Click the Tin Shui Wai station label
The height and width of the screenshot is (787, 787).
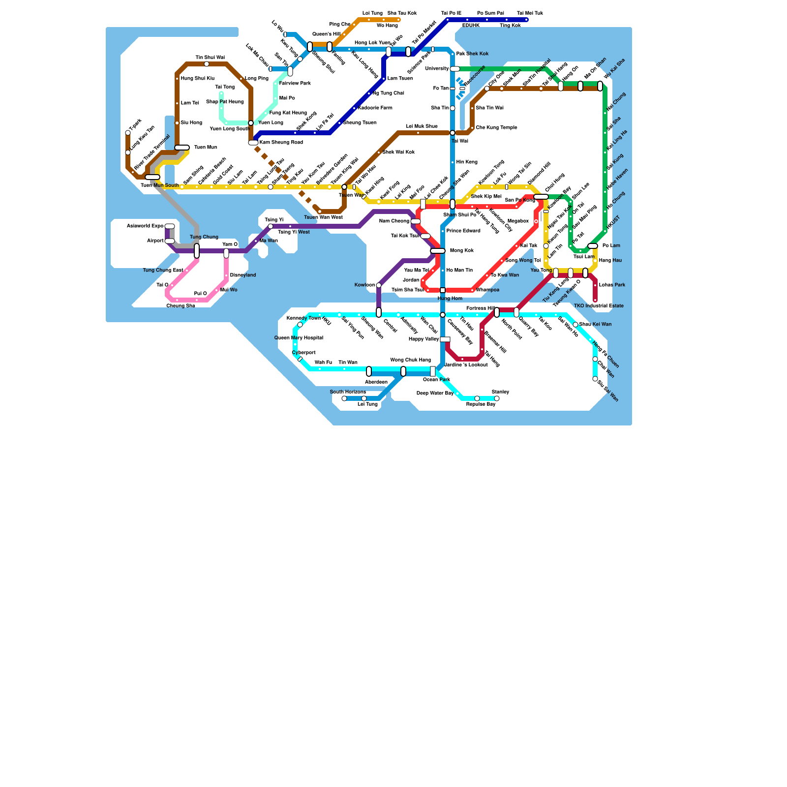click(x=210, y=58)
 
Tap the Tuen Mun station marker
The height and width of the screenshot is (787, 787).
click(x=182, y=148)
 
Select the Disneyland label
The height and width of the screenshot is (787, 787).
click(x=243, y=275)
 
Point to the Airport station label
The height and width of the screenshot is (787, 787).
click(x=155, y=241)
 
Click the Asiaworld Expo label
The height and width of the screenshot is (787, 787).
click(x=145, y=226)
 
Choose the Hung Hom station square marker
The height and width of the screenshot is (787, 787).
click(x=443, y=290)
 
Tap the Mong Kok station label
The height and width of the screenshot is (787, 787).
click(x=462, y=251)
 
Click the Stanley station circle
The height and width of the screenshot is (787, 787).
click(x=497, y=398)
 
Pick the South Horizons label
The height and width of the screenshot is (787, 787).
click(x=348, y=392)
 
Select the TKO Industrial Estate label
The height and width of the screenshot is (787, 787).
click(x=599, y=306)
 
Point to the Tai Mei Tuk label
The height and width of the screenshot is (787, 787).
click(x=530, y=13)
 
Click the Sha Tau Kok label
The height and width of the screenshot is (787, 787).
click(x=402, y=13)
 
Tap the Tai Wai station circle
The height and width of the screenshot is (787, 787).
click(x=453, y=133)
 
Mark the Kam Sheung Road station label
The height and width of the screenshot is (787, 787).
click(x=281, y=143)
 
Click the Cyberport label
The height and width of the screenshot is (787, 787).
click(x=303, y=353)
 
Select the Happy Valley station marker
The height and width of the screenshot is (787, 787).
click(x=445, y=339)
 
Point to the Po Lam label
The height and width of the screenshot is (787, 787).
click(x=611, y=246)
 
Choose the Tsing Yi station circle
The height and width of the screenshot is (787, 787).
click(x=271, y=226)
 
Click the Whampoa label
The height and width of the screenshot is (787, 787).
click(x=488, y=290)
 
